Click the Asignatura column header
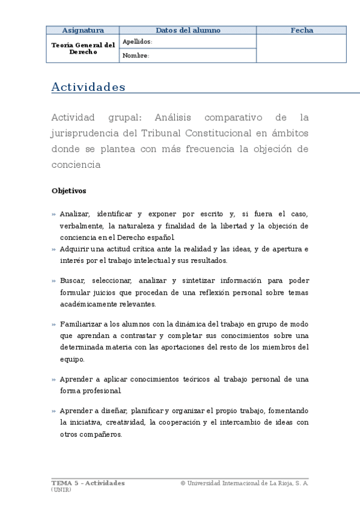click(83, 30)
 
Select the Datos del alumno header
click(188, 30)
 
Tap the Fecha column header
click(302, 30)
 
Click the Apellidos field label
click(137, 41)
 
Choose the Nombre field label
click(135, 56)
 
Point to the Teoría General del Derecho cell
click(83, 48)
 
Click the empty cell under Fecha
click(302, 48)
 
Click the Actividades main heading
click(88, 87)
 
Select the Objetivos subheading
click(69, 191)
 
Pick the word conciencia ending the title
click(76, 164)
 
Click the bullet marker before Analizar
click(53, 214)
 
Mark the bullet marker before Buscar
click(53, 281)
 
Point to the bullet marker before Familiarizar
click(53, 324)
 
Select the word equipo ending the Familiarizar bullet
click(72, 360)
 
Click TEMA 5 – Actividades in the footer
click(88, 483)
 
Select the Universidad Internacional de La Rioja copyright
click(244, 483)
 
